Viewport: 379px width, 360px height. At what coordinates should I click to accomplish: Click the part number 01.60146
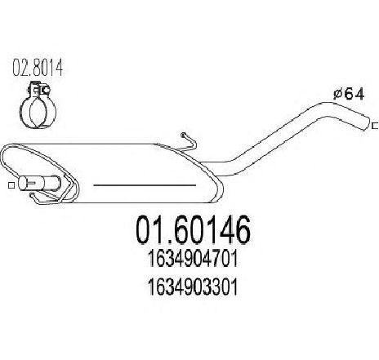[193, 229]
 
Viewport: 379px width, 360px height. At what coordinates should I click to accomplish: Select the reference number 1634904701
[193, 259]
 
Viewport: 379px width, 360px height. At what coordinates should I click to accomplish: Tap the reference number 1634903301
[193, 287]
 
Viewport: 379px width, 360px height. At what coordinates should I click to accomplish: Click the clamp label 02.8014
[38, 67]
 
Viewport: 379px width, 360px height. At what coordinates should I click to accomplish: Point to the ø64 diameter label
[349, 95]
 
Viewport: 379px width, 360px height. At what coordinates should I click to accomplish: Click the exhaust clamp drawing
[38, 104]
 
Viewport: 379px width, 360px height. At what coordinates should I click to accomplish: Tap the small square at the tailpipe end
[375, 126]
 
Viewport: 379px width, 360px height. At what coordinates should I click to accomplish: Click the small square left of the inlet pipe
[11, 185]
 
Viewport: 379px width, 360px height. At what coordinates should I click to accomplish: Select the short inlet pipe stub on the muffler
[39, 183]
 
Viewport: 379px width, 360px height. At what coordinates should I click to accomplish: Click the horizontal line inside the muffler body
[145, 185]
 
